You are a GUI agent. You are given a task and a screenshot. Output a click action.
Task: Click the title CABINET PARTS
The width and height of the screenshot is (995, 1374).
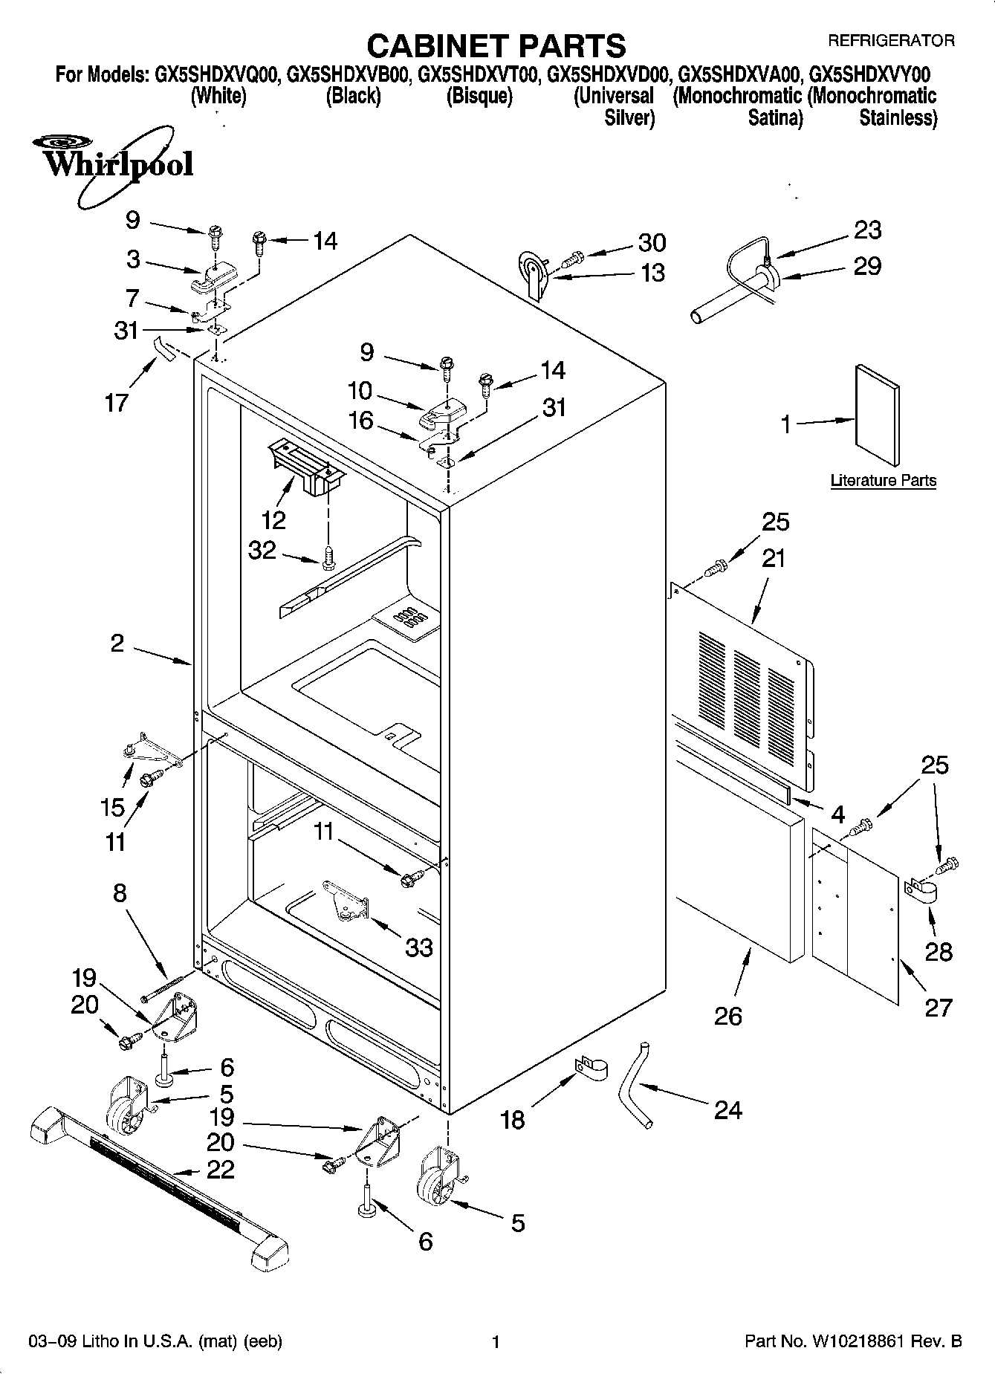coord(496,45)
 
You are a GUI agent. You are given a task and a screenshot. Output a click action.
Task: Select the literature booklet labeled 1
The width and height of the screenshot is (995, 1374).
coord(878,418)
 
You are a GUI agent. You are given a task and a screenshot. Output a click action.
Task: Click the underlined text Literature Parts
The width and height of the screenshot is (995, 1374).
coord(883,481)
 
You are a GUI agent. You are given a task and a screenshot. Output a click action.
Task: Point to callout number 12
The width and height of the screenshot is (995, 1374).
coord(273,519)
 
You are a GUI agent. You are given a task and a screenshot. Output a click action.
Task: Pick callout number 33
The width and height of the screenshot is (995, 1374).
coord(418,947)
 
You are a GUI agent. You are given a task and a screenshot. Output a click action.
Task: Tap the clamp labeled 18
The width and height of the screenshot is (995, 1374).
coord(591,1069)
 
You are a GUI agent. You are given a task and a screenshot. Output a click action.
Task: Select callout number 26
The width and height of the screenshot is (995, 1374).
coord(727,1016)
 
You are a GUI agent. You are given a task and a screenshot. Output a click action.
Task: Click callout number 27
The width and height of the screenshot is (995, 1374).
coord(938,1008)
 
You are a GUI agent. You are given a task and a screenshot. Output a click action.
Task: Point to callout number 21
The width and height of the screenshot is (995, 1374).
coord(773,558)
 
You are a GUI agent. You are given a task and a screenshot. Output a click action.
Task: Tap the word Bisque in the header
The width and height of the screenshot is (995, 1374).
coord(479,97)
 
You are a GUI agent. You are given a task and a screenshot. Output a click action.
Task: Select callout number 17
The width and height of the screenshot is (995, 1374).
coord(117,403)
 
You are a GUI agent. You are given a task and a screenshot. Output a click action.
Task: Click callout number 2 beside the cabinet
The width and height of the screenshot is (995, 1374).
coord(117,643)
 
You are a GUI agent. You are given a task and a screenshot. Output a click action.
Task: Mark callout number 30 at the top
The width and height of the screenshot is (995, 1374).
coord(652,242)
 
